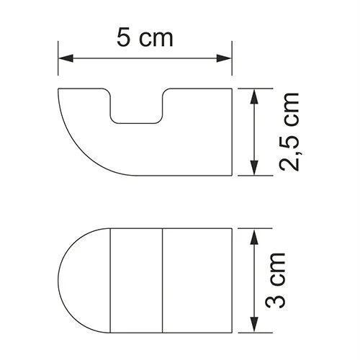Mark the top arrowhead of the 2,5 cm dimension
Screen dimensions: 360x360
[253, 94]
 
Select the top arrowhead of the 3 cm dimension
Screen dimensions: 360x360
[253, 235]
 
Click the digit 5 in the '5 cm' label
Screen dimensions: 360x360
[123, 37]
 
